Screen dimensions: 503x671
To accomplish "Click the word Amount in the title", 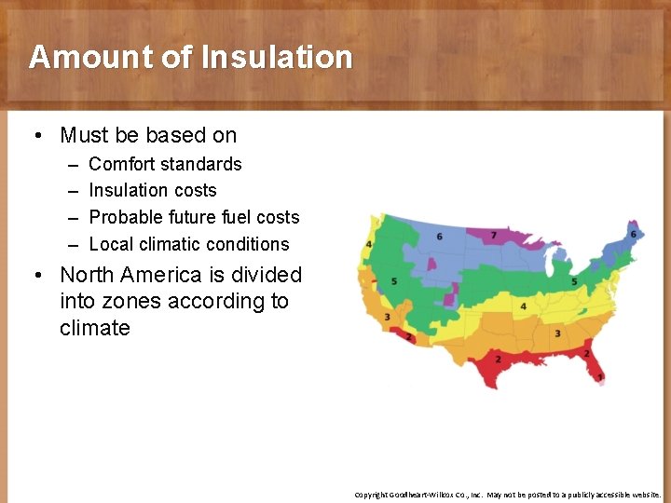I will point(90,57).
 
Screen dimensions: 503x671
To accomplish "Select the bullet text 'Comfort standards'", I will point(165,164).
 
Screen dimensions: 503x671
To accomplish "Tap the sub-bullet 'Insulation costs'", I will point(152,190).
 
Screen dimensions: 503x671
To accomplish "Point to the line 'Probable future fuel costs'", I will point(194,217).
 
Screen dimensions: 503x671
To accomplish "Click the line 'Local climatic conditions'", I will point(188,244).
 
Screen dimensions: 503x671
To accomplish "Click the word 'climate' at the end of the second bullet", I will point(94,328).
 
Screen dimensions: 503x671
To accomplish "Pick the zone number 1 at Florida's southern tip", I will point(600,375).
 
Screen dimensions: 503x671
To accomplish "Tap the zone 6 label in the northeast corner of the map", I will point(633,234).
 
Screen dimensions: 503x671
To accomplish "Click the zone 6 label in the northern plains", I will point(439,237).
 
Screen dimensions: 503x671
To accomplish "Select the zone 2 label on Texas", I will point(498,359).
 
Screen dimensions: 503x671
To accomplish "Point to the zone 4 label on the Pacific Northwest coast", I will point(370,244).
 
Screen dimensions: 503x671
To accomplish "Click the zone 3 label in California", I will point(387,317).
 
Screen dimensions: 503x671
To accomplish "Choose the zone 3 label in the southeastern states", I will point(557,333).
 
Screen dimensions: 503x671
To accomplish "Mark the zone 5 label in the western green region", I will point(395,280).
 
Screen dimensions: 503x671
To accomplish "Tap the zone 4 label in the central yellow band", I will point(524,306).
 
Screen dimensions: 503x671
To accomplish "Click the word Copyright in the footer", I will point(373,495).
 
